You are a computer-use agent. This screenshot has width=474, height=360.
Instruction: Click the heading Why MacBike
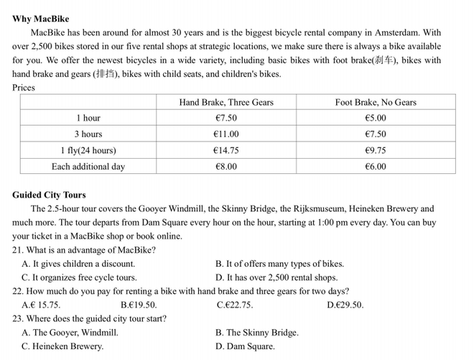click(x=40, y=19)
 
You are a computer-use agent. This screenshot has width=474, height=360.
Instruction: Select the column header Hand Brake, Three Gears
click(x=226, y=103)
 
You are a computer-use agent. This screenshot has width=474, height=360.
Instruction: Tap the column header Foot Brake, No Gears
click(x=375, y=103)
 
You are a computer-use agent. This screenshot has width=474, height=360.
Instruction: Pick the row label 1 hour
click(x=88, y=119)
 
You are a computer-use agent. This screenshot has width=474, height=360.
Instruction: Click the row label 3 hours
click(x=88, y=134)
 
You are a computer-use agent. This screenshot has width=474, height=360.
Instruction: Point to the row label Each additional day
click(x=88, y=167)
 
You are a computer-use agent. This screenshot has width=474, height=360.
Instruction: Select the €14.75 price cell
click(x=226, y=151)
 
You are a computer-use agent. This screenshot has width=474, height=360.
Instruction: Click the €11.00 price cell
click(x=226, y=134)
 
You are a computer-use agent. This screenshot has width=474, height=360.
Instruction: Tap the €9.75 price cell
click(x=375, y=151)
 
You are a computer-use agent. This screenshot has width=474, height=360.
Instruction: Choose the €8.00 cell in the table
click(x=226, y=167)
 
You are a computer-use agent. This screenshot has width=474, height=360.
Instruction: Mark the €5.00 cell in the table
click(x=375, y=119)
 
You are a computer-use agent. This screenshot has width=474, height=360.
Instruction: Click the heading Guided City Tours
click(x=49, y=195)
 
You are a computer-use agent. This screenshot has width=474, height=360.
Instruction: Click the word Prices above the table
click(x=24, y=88)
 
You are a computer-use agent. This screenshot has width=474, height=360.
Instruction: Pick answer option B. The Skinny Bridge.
click(x=256, y=333)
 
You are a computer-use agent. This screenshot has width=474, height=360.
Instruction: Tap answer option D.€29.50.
click(x=345, y=305)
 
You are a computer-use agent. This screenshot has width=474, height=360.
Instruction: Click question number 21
click(x=18, y=250)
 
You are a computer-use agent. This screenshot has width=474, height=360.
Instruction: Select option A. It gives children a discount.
click(x=78, y=264)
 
